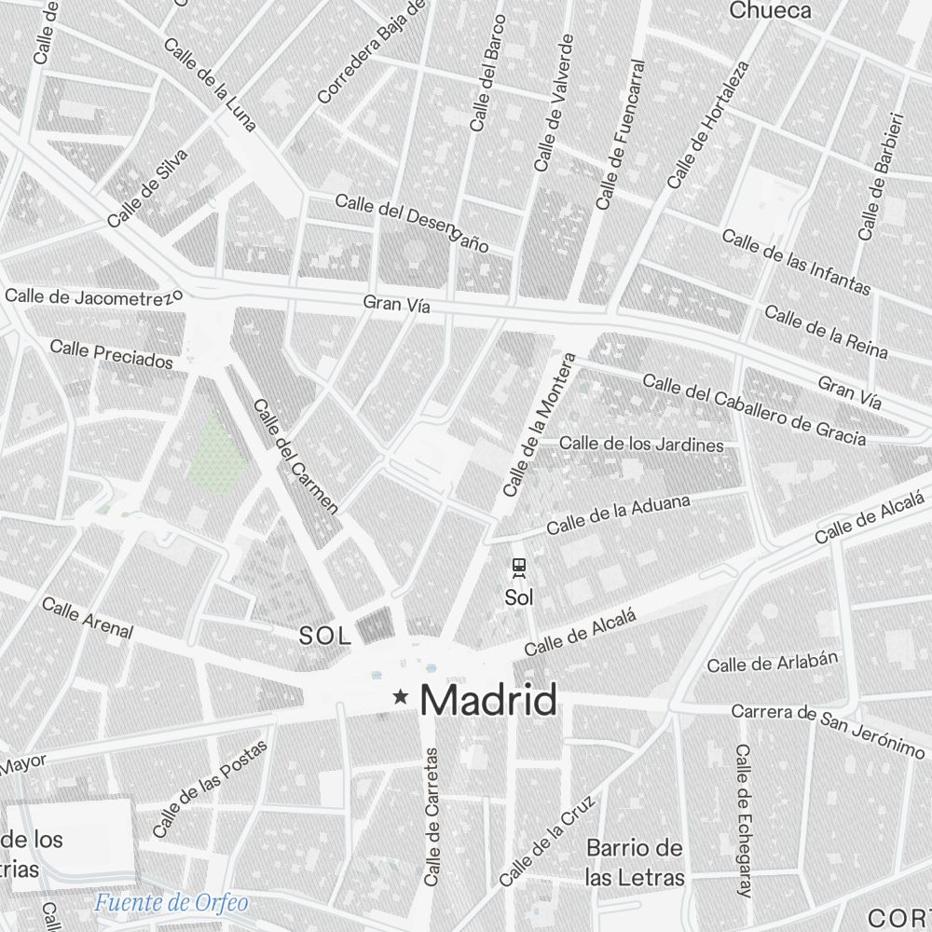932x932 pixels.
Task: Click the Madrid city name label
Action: click(x=489, y=700)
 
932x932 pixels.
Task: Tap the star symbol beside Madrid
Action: click(x=401, y=696)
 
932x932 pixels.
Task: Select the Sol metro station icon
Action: click(x=518, y=566)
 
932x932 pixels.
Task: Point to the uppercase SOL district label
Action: click(x=325, y=637)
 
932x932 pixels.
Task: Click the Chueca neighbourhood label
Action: click(x=770, y=11)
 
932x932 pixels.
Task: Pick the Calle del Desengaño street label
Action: click(x=412, y=223)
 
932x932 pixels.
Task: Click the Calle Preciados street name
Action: click(x=111, y=353)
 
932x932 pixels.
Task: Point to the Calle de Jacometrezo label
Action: click(x=93, y=297)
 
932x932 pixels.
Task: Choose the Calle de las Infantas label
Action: click(x=796, y=263)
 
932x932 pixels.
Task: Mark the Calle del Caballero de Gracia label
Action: click(x=754, y=410)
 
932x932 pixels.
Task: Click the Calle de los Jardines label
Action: click(x=641, y=444)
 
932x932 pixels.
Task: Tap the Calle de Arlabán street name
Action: click(x=773, y=662)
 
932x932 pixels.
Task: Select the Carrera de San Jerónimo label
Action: click(x=828, y=727)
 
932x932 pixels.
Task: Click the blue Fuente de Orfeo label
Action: click(x=171, y=902)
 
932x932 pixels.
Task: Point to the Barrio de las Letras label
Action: click(x=635, y=862)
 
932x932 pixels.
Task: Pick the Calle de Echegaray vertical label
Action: click(x=743, y=820)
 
